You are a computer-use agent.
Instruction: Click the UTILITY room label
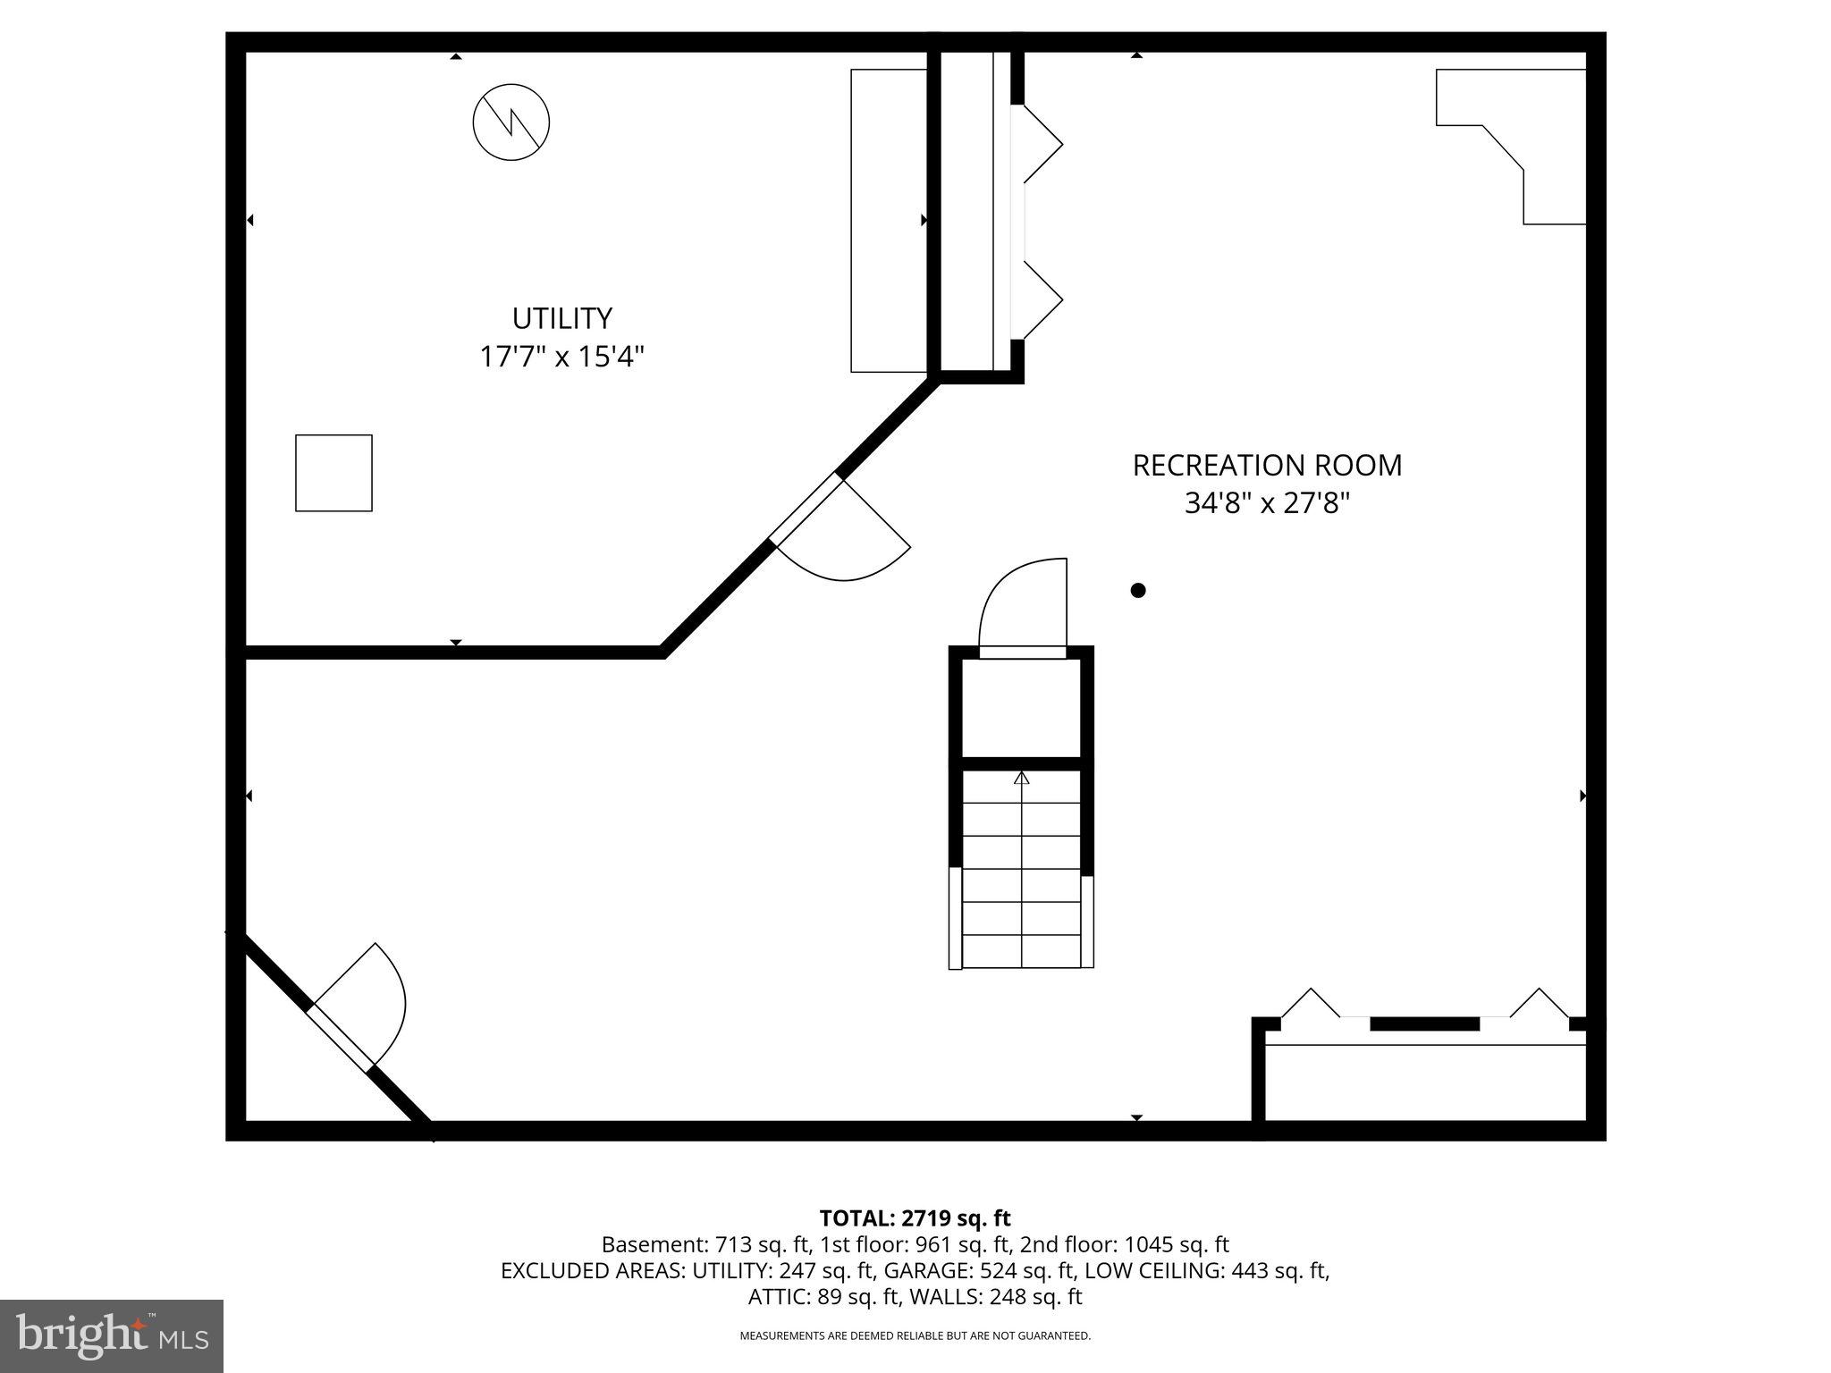tap(561, 318)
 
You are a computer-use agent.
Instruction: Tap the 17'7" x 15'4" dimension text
tap(561, 357)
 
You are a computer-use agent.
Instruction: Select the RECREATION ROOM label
tap(1267, 465)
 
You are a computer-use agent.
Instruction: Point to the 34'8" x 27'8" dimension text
tap(1267, 503)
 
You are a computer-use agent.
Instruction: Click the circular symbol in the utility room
tap(511, 122)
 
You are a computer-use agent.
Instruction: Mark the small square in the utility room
tap(333, 473)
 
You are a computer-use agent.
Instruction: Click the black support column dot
tap(1138, 590)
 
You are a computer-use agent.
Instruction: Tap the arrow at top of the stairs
tap(1022, 779)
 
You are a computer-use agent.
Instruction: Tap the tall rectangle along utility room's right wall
tap(889, 220)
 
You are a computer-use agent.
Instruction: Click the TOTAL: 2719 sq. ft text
tap(915, 1217)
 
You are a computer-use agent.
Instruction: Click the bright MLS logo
tap(112, 1335)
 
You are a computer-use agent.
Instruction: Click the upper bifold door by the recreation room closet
tap(1042, 143)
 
